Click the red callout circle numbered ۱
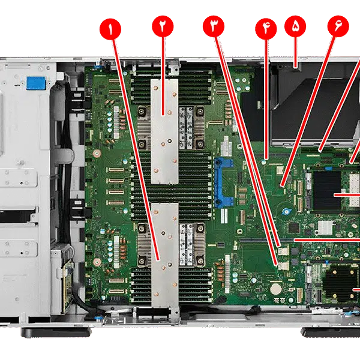coord(112,28)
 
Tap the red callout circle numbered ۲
coord(163,28)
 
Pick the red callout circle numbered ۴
coord(265,28)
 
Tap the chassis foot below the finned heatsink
coord(327,332)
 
